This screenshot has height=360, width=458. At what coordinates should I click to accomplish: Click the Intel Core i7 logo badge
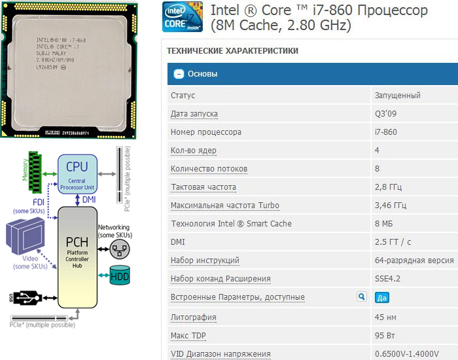pyautogui.click(x=183, y=18)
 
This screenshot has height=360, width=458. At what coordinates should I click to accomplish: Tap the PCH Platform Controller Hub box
pyautogui.click(x=77, y=252)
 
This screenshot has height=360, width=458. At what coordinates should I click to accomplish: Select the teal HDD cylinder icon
pyautogui.click(x=120, y=276)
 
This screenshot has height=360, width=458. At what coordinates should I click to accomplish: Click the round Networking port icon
pyautogui.click(x=119, y=248)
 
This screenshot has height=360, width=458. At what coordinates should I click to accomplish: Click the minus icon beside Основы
pyautogui.click(x=177, y=74)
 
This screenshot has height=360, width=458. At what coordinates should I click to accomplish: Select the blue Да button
pyautogui.click(x=382, y=297)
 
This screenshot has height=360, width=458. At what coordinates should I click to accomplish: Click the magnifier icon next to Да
pyautogui.click(x=361, y=297)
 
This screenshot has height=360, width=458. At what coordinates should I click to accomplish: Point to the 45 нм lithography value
pyautogui.click(x=385, y=317)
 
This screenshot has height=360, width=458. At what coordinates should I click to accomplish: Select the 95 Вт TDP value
pyautogui.click(x=385, y=336)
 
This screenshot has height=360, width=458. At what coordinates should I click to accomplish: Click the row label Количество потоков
pyautogui.click(x=209, y=169)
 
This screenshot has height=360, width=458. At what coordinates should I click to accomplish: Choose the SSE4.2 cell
pyautogui.click(x=387, y=279)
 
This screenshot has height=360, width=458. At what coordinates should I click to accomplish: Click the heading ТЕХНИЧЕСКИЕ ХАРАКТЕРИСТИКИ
pyautogui.click(x=232, y=50)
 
